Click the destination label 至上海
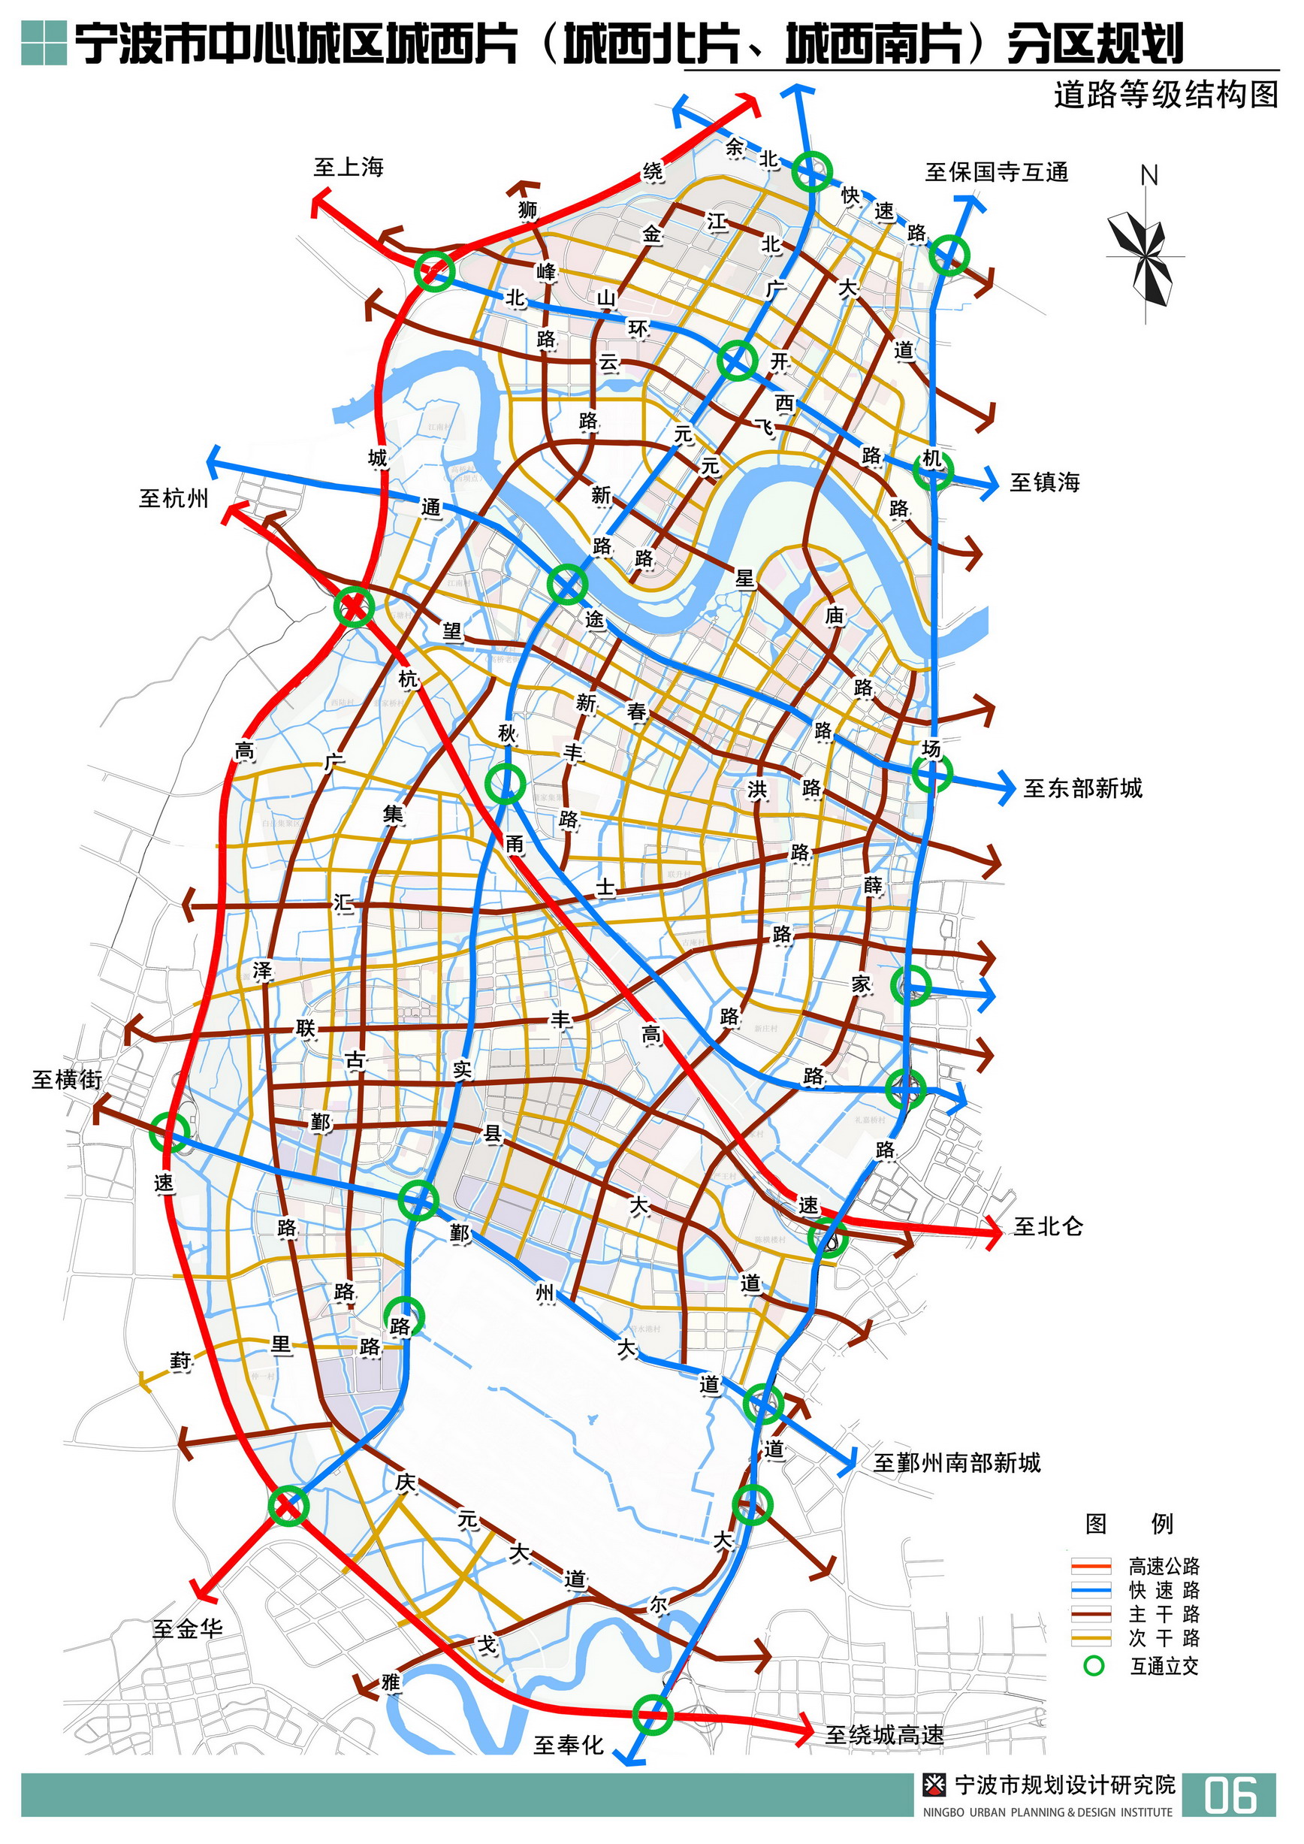(349, 167)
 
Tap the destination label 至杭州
(174, 498)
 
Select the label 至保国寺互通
(997, 172)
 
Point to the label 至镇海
(1045, 482)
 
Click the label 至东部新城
(1082, 788)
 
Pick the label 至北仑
(1048, 1226)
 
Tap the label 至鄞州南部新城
(956, 1462)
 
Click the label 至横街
(67, 1079)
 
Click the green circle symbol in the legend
(1093, 1666)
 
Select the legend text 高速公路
(1164, 1566)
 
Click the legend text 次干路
(1164, 1638)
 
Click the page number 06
(1230, 1796)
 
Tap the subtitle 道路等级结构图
(1165, 95)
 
